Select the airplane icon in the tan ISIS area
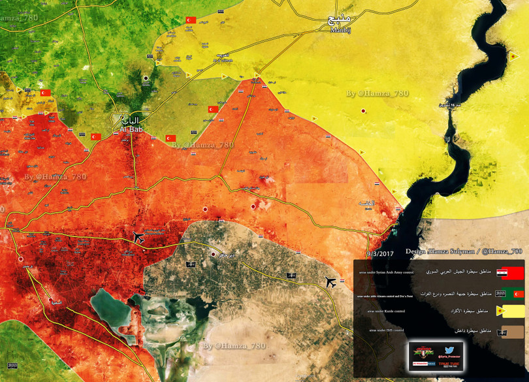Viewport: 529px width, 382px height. pos(330,282)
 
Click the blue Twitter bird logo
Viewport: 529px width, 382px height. pos(449,351)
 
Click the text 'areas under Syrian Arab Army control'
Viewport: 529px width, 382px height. pos(387,272)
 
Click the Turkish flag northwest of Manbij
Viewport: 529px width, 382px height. pos(191,21)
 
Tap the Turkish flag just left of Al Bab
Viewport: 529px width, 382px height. pos(95,136)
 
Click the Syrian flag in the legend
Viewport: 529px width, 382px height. pos(502,272)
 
